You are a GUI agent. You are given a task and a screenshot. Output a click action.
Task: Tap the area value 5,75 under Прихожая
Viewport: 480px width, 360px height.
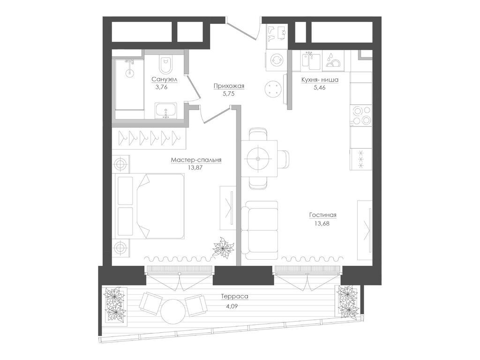click(228, 93)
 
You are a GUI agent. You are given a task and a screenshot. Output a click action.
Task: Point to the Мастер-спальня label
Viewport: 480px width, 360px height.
click(196, 160)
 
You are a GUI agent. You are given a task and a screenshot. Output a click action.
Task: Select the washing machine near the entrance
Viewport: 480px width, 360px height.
click(276, 60)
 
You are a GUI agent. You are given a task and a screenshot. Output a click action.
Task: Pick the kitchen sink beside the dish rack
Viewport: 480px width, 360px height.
click(311, 60)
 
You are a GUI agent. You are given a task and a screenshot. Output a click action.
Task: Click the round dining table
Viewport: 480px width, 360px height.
click(258, 158)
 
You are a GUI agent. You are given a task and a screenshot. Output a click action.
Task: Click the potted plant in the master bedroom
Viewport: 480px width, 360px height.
click(223, 247)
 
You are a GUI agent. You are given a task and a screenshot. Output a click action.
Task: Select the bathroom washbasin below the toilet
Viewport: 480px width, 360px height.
click(165, 112)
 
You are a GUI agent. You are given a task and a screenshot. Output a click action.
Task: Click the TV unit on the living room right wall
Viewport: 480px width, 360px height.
click(365, 230)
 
